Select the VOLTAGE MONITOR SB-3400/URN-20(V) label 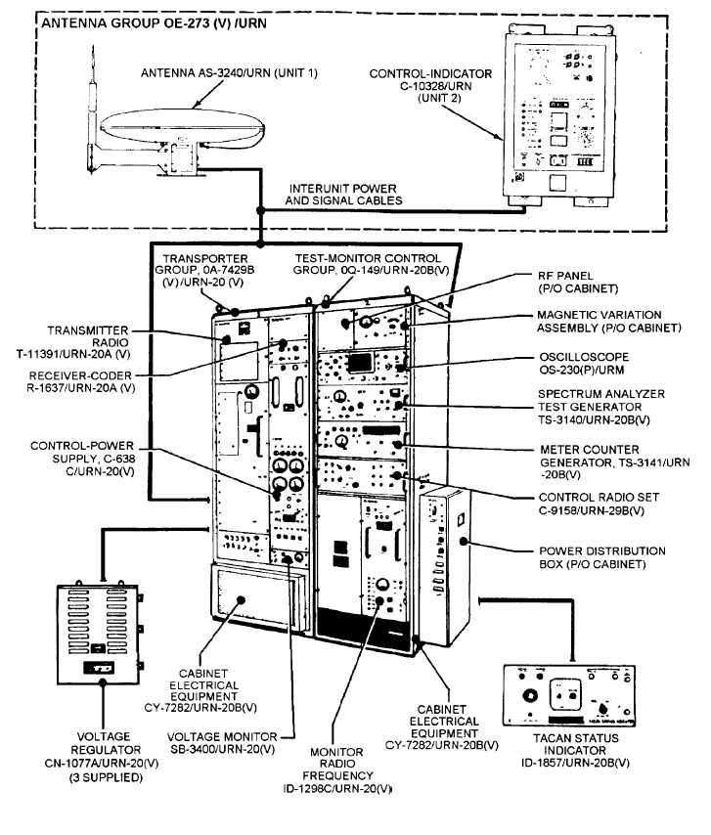221,741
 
